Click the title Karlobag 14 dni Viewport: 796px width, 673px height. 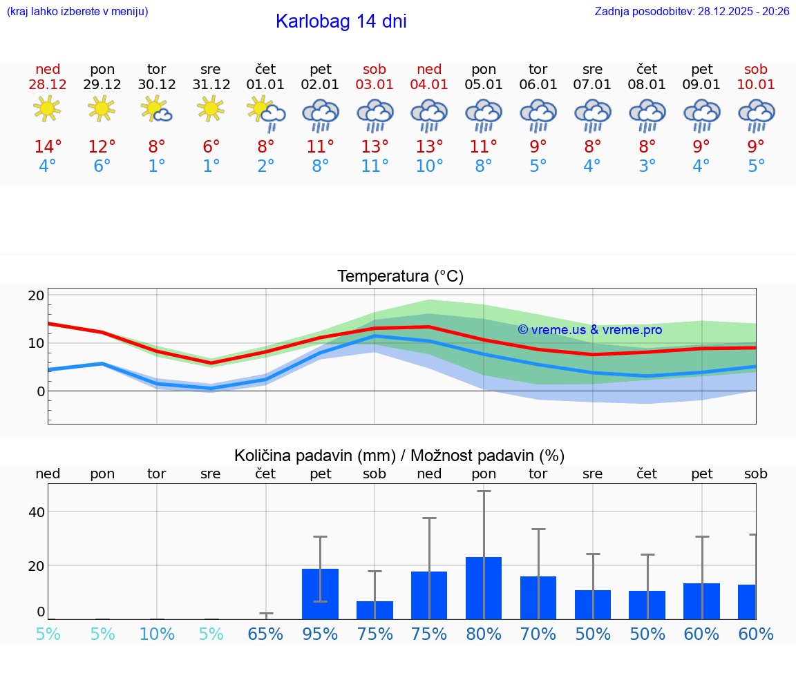pyautogui.click(x=341, y=21)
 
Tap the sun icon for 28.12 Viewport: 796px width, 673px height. pyautogui.click(x=47, y=109)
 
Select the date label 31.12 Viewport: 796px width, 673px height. pyautogui.click(x=211, y=85)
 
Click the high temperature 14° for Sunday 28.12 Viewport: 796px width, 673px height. pyautogui.click(x=48, y=147)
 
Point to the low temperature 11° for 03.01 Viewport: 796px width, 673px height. pyautogui.click(x=375, y=166)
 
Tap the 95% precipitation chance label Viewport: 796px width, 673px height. pyautogui.click(x=320, y=634)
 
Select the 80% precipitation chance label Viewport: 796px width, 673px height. pyautogui.click(x=484, y=634)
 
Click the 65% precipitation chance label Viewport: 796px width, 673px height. pyautogui.click(x=265, y=634)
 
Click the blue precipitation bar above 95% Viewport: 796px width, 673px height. pyautogui.click(x=320, y=594)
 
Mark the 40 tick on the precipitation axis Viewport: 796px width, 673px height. pyautogui.click(x=37, y=512)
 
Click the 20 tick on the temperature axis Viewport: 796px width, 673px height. pyautogui.click(x=37, y=295)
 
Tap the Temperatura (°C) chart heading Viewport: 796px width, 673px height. pyautogui.click(x=400, y=277)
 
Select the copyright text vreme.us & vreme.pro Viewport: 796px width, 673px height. pyautogui.click(x=589, y=330)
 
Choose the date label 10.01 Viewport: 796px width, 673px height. pyautogui.click(x=756, y=85)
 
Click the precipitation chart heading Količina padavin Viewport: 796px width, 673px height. pyautogui.click(x=399, y=456)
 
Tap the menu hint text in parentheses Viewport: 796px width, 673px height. pyautogui.click(x=77, y=12)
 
